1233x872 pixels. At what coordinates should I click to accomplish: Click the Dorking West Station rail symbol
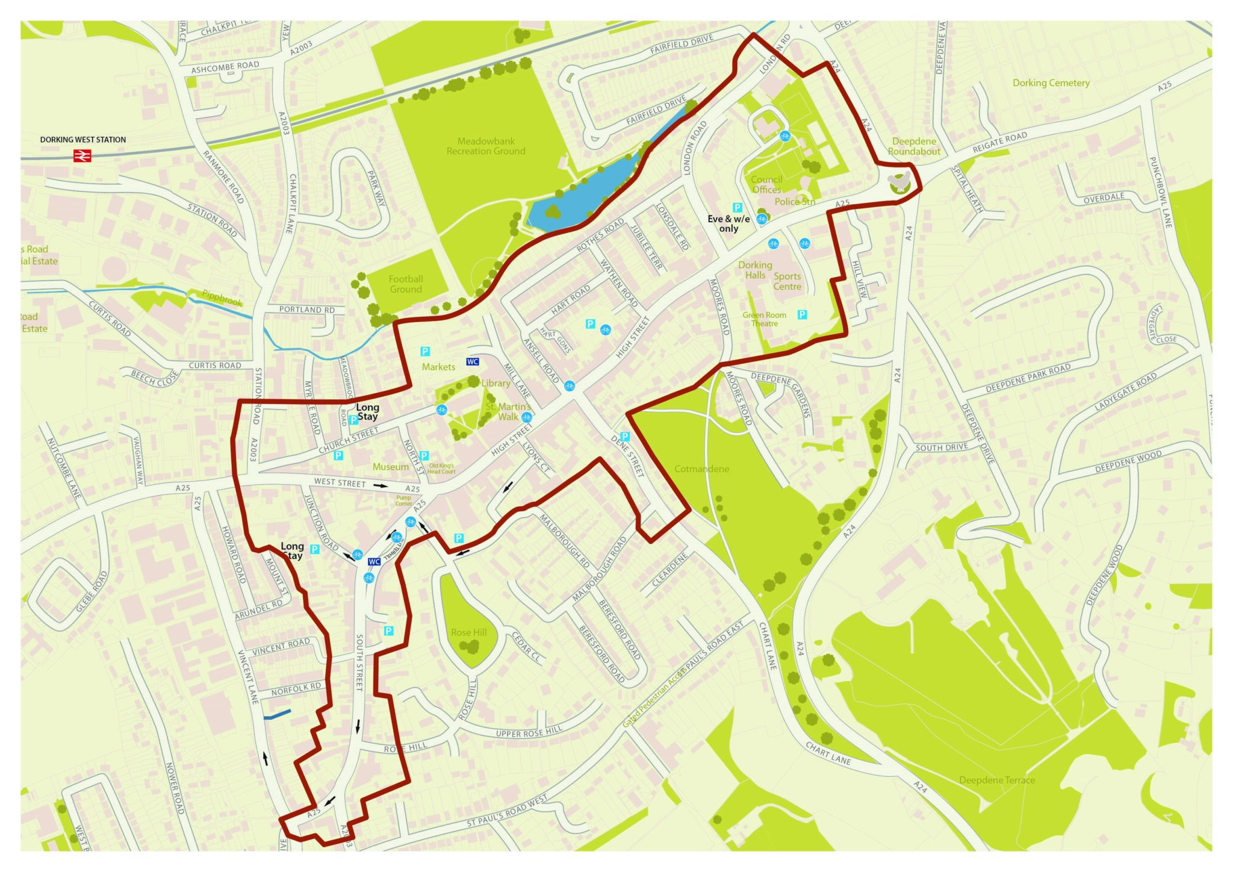[82, 156]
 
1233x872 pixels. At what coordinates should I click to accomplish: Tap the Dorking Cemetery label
[1051, 83]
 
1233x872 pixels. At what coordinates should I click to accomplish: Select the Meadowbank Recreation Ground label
[485, 146]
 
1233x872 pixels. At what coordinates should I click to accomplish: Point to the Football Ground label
[405, 284]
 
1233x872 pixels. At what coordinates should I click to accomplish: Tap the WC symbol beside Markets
[473, 362]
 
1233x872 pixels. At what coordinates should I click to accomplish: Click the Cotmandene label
[701, 469]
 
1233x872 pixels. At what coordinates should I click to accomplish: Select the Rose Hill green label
[468, 632]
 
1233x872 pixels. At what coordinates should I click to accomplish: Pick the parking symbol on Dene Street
[625, 437]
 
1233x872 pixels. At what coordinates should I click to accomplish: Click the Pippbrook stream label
[222, 298]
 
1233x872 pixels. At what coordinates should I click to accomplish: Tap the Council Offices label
[766, 185]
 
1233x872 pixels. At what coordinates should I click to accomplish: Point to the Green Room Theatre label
[764, 319]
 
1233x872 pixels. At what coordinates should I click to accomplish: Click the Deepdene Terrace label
[996, 780]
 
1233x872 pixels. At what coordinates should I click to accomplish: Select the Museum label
[390, 467]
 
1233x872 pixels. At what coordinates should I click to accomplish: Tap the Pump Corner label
[403, 500]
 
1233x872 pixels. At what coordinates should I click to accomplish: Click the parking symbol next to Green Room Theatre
[802, 315]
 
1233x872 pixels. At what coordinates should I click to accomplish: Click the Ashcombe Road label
[225, 67]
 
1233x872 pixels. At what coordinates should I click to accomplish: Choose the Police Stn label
[795, 202]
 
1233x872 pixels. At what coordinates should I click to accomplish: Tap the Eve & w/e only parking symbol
[737, 208]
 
